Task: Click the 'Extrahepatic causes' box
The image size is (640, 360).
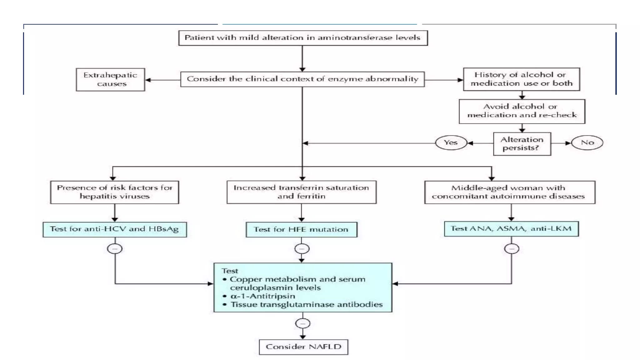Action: pos(110,80)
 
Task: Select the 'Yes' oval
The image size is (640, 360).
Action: pos(451,143)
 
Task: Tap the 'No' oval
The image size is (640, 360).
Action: pos(587,143)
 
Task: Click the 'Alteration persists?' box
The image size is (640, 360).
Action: pos(522,144)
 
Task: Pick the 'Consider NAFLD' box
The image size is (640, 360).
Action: pos(303,347)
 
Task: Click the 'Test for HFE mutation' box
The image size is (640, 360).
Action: pos(301,230)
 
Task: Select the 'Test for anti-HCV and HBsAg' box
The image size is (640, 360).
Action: pos(115,229)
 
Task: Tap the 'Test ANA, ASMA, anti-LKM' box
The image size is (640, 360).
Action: pos(511,229)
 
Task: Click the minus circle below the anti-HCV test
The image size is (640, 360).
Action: pos(115,249)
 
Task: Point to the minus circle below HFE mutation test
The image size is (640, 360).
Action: pos(302,249)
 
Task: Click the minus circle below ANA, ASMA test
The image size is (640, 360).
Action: pos(512,249)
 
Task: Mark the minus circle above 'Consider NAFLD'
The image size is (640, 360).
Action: pos(303,323)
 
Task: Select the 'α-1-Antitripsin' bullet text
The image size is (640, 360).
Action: pos(262,296)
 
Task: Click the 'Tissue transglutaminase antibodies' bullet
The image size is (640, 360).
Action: pos(306,304)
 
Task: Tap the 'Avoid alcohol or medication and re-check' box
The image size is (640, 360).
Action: pos(522,111)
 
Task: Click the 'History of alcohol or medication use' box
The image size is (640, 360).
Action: pos(521,79)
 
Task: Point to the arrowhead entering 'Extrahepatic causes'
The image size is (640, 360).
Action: pos(148,80)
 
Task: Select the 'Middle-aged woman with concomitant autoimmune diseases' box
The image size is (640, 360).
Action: pos(509,192)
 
